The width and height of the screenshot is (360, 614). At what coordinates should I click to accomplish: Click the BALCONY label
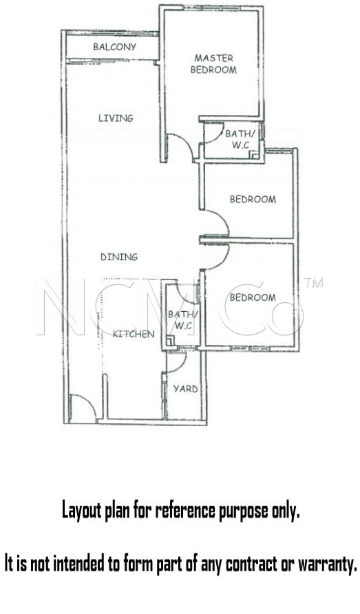(x=114, y=47)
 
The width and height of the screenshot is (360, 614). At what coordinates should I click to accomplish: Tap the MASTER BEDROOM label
(x=213, y=64)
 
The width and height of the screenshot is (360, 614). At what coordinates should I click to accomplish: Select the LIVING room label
(x=116, y=118)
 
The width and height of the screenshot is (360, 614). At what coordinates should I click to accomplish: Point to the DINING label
(x=119, y=257)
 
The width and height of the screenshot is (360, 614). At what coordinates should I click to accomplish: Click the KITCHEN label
(x=134, y=334)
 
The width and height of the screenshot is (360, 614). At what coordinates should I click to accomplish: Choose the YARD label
(x=185, y=389)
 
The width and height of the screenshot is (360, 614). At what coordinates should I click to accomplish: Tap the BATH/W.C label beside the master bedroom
(x=240, y=139)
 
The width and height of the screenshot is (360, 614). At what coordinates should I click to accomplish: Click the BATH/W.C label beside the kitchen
(x=183, y=319)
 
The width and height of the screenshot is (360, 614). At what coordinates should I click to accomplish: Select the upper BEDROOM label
(x=253, y=200)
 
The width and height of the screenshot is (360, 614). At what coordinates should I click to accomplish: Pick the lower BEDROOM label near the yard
(x=253, y=297)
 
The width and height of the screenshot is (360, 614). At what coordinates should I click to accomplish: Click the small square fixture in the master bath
(x=255, y=154)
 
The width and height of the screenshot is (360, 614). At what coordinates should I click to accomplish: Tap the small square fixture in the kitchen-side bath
(x=171, y=340)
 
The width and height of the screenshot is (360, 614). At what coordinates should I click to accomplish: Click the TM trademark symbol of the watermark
(x=314, y=283)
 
